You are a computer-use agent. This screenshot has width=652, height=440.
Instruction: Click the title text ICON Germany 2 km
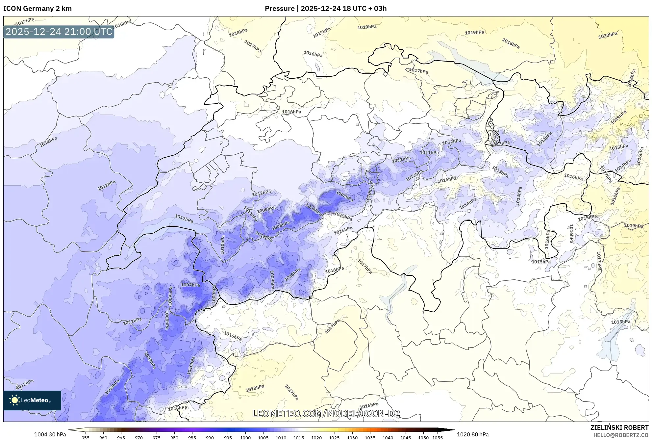(37, 9)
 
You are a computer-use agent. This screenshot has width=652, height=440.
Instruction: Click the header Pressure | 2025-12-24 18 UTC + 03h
(325, 9)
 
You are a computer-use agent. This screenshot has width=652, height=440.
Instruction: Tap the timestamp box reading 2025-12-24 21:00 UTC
(59, 32)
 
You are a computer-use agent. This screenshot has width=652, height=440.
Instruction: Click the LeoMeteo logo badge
(32, 400)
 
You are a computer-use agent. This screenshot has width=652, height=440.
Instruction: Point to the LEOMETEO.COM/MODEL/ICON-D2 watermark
(326, 414)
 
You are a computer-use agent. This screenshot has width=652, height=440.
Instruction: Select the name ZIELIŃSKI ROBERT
(619, 427)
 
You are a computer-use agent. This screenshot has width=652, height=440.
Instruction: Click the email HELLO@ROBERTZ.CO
(620, 435)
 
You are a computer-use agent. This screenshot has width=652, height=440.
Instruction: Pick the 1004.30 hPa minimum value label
(50, 434)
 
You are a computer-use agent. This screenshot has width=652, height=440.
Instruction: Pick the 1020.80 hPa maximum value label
(472, 434)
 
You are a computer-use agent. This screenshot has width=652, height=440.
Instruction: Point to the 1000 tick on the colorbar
(245, 438)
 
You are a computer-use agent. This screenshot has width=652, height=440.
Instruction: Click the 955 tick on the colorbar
(86, 438)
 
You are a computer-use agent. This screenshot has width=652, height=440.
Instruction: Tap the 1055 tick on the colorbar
(437, 438)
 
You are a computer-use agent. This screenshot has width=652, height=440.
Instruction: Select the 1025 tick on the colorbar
(334, 438)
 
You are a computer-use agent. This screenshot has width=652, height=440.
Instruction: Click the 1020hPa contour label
(607, 35)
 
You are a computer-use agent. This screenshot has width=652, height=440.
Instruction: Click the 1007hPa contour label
(190, 285)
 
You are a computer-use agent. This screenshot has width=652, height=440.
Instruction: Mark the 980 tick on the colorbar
(174, 438)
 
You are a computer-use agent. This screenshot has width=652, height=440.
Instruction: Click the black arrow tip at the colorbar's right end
(453, 430)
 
